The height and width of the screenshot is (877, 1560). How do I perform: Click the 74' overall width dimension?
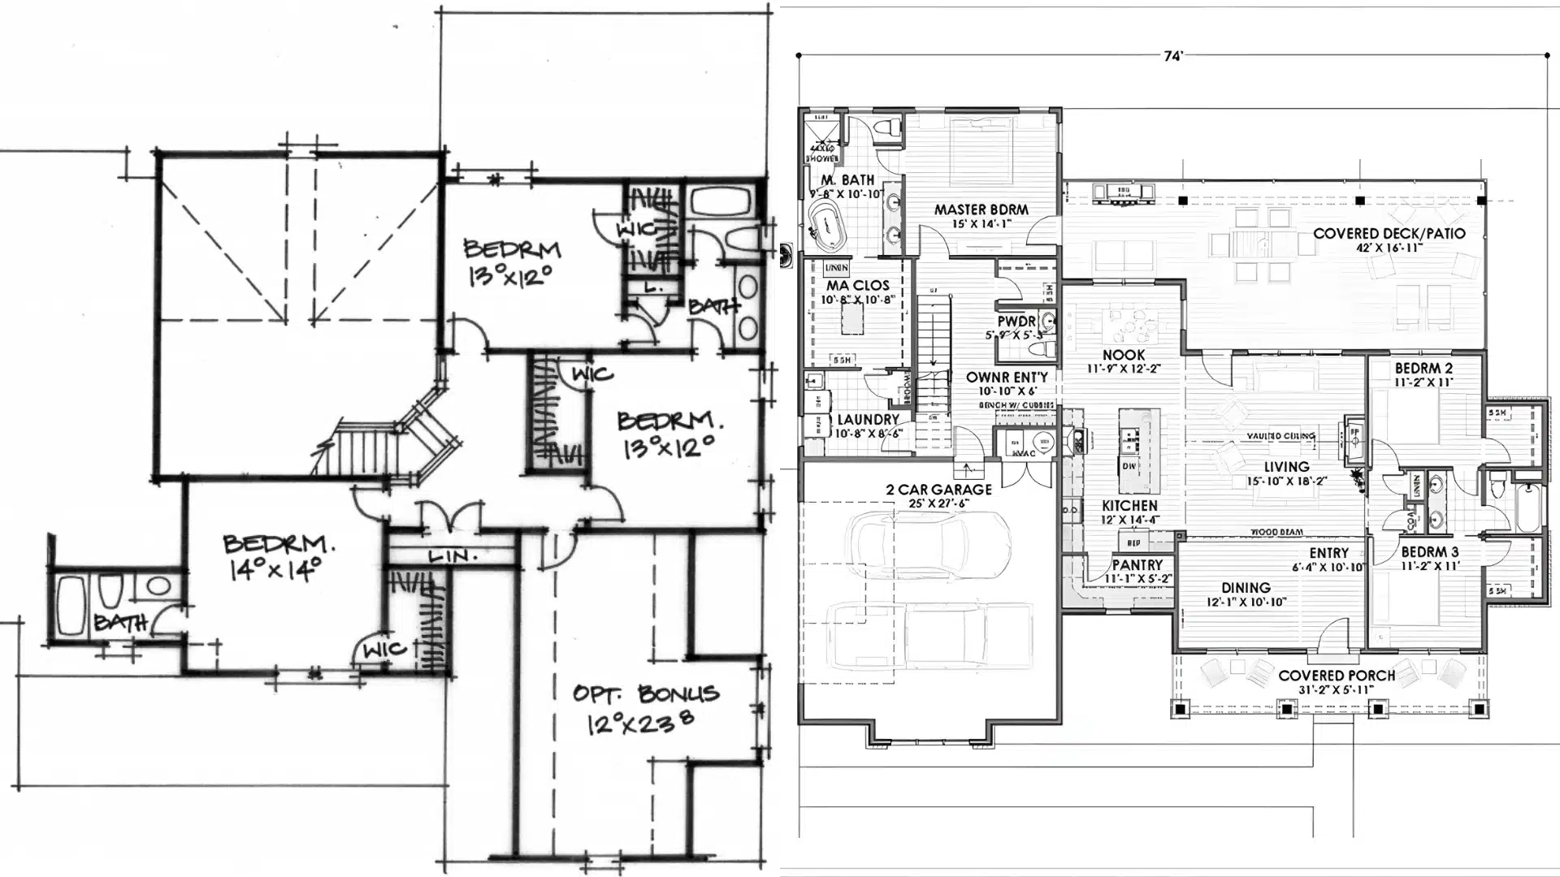pos(1172,56)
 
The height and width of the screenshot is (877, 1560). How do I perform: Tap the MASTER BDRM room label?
pos(981,210)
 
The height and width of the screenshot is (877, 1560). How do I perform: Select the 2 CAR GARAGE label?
pos(938,490)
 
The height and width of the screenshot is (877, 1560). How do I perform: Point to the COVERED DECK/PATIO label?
pos(1389,234)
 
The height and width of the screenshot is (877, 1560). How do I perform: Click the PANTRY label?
pos(1137,565)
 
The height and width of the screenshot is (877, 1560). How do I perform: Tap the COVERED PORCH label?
pos(1336,676)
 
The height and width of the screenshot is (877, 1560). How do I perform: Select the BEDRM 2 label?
pos(1423,368)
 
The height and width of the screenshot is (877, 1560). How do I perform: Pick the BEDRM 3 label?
pos(1429,552)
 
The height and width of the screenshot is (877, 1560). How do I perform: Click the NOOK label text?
pos(1124,355)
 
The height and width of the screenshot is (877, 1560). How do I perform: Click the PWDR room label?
pos(1016,322)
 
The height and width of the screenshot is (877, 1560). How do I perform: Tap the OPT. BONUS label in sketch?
pos(646,694)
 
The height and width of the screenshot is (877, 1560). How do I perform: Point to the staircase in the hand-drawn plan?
pos(366,451)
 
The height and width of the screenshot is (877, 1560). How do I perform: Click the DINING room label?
pos(1245,588)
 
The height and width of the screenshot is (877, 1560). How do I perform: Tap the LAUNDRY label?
pos(868,420)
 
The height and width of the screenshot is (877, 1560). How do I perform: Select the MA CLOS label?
pos(857,286)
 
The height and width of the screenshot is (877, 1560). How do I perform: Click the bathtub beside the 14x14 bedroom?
pos(71,605)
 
